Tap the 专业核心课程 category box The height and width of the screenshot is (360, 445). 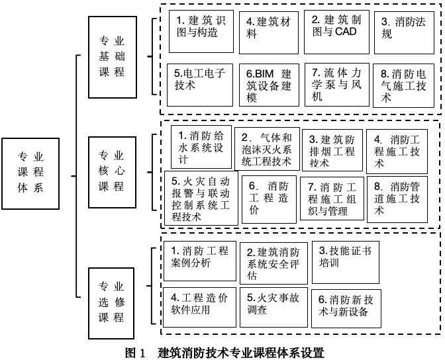coord(111,171)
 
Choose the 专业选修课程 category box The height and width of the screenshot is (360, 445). coord(111,301)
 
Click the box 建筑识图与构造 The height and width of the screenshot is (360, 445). coord(201,30)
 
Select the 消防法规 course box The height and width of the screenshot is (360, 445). coord(403,30)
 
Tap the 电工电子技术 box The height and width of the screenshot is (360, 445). coord(201,84)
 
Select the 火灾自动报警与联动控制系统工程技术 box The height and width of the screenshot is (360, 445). coord(200,198)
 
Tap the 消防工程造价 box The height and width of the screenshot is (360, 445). coord(268,198)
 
